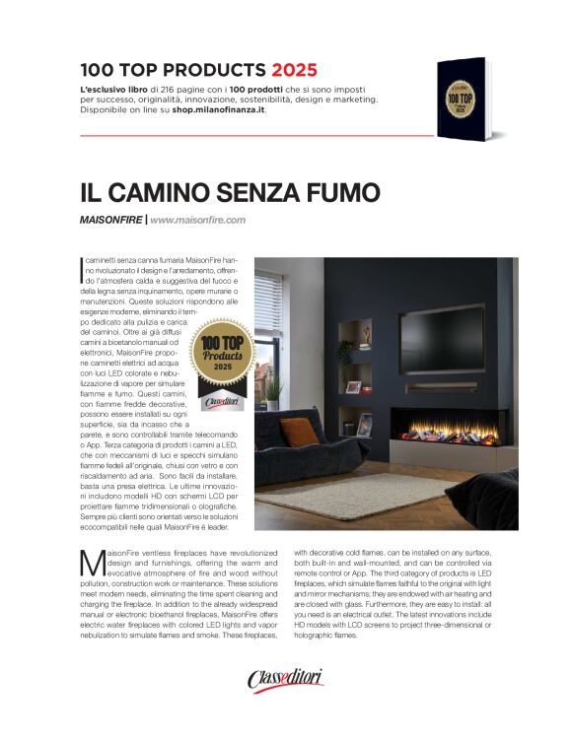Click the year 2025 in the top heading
295,71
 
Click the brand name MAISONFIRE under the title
110,220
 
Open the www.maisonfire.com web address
197,220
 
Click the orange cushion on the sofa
299,431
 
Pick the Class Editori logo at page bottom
285,679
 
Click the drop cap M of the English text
91,563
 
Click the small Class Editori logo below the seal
221,402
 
